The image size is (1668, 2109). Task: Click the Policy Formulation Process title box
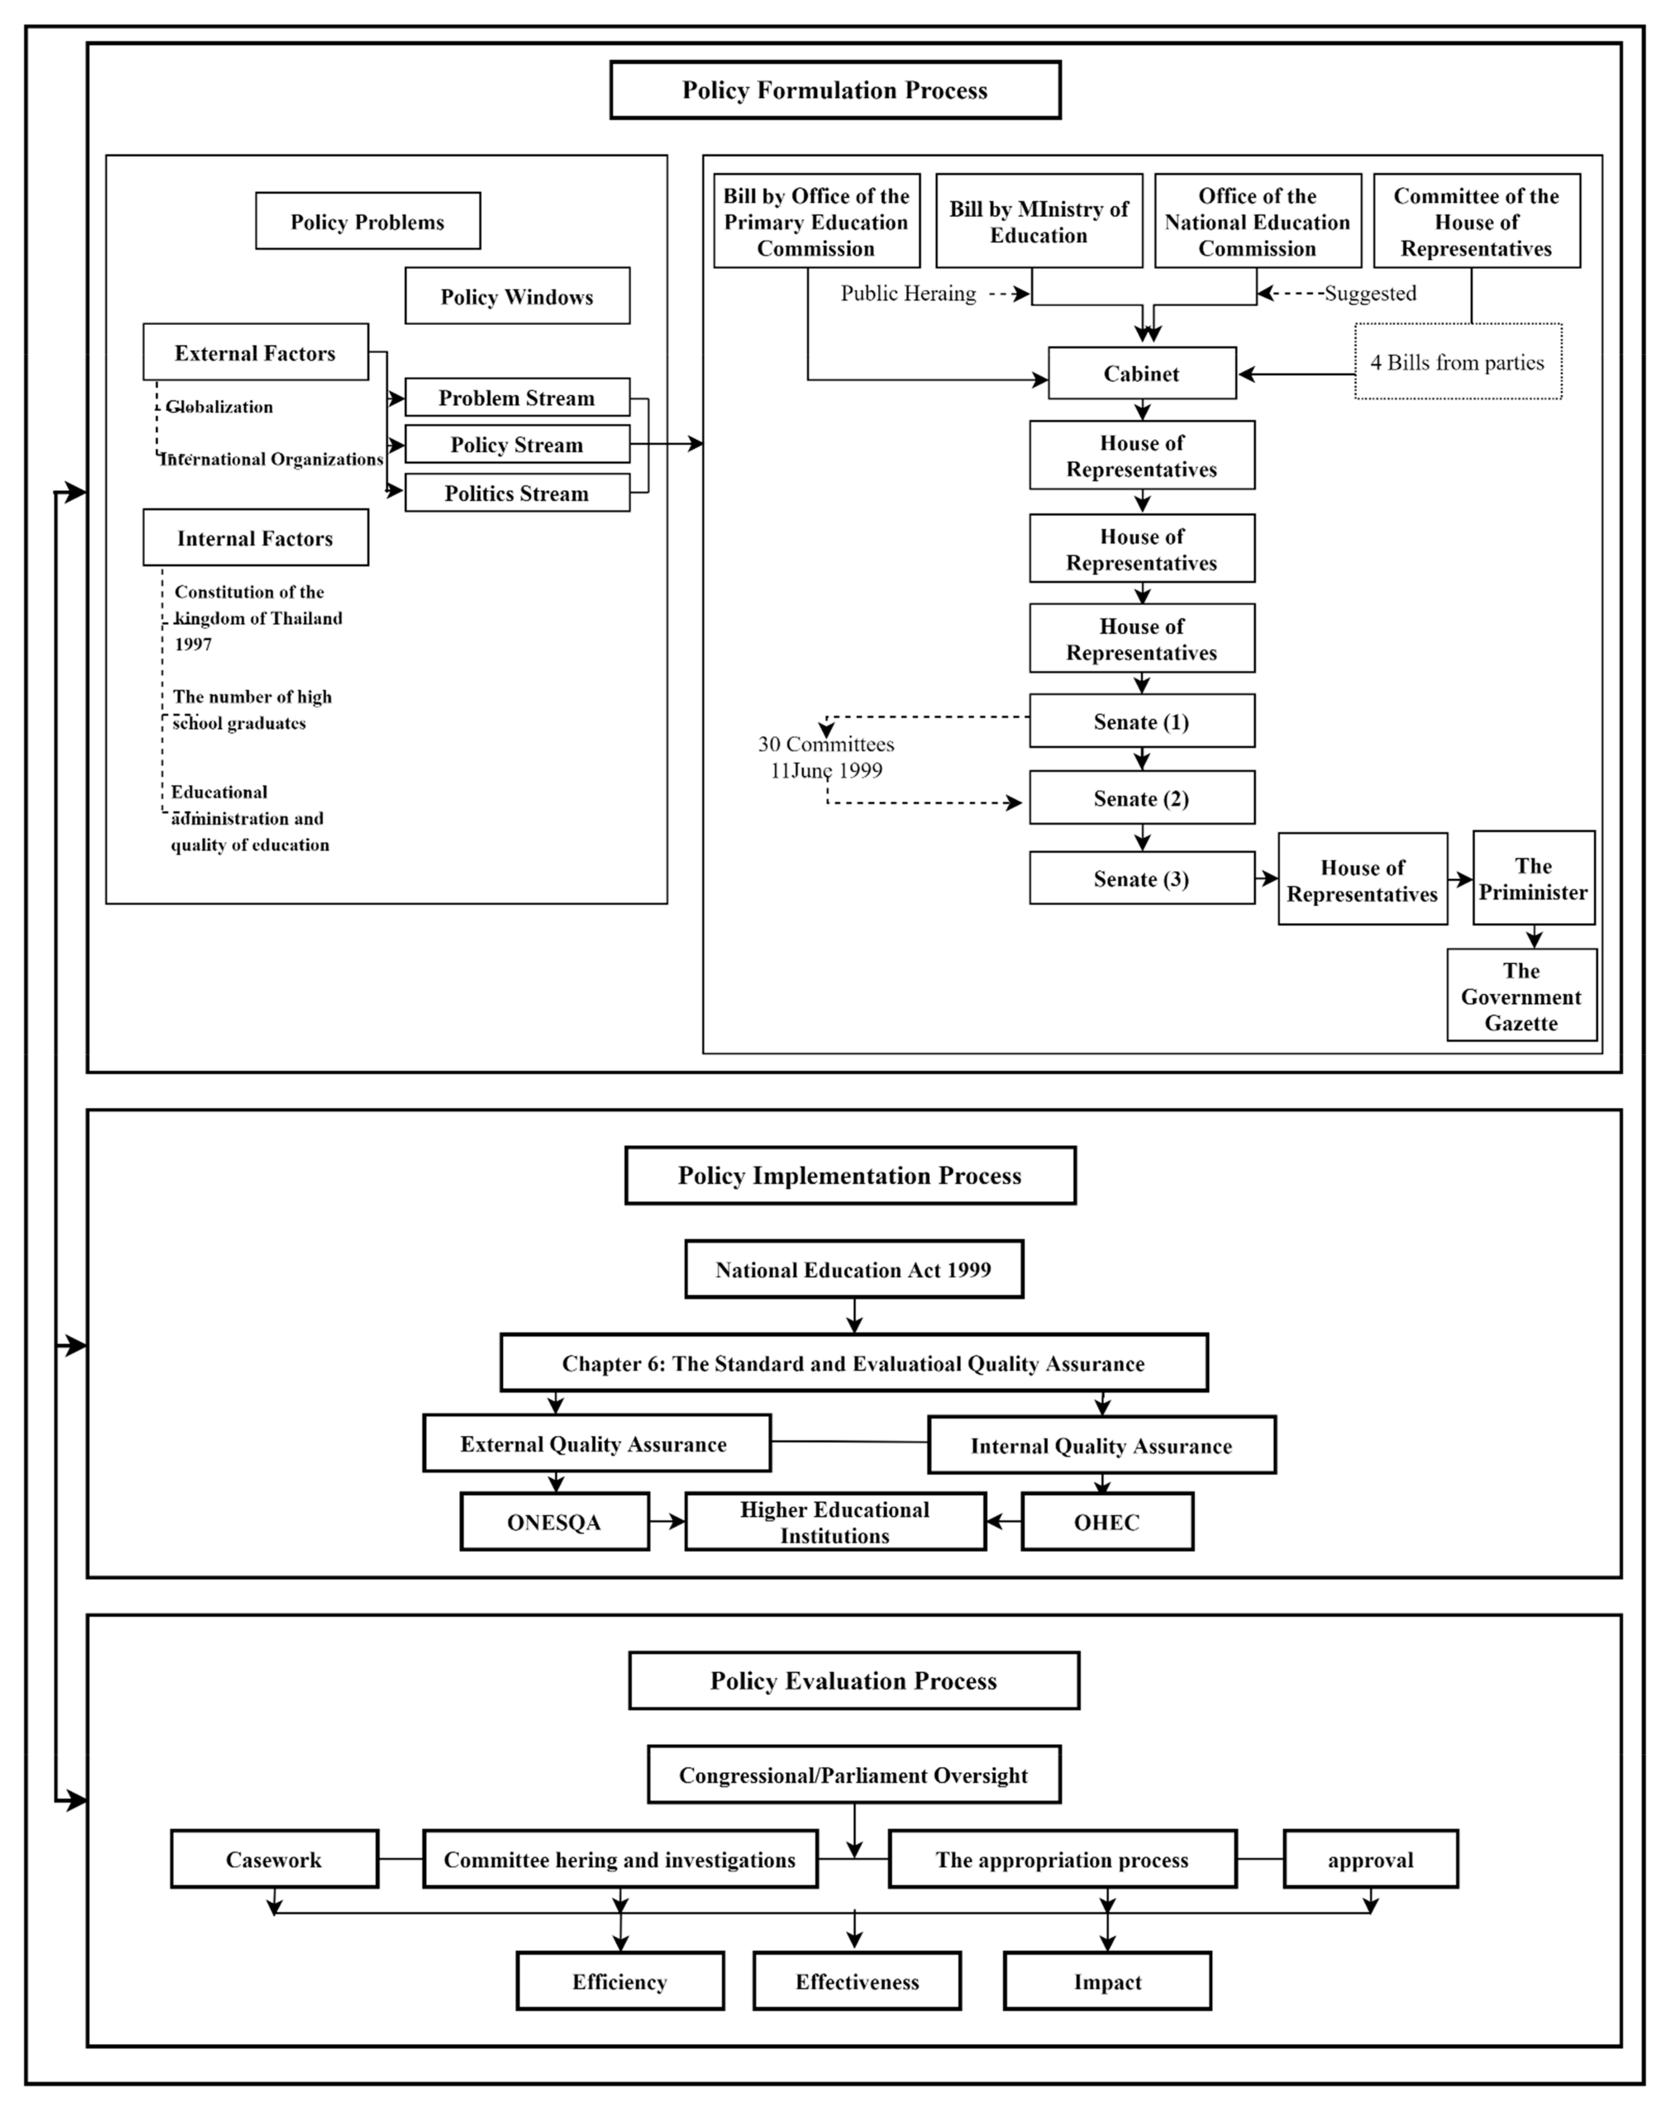click(835, 90)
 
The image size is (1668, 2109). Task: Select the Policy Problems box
click(367, 221)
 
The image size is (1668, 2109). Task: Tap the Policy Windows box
click(517, 296)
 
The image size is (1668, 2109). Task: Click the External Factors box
click(255, 352)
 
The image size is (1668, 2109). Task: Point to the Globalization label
click(219, 406)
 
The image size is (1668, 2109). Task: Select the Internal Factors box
click(255, 537)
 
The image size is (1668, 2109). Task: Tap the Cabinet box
click(1142, 373)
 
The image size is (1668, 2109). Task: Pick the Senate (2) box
click(1142, 798)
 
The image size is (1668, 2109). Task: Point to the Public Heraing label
click(908, 293)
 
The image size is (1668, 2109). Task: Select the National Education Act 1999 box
click(853, 1269)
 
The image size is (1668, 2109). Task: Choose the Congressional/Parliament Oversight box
click(853, 1775)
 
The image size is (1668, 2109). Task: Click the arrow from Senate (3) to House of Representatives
click(1267, 878)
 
